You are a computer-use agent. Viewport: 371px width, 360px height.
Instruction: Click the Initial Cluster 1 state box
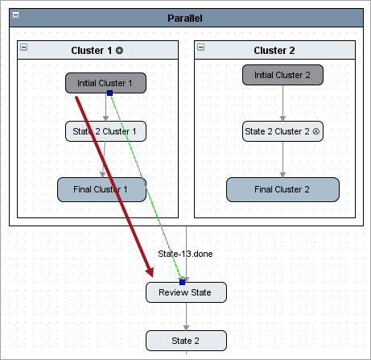coord(105,83)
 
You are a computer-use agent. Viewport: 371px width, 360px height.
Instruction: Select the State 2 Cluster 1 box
coord(105,131)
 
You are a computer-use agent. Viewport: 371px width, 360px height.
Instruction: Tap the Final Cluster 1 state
coord(101,189)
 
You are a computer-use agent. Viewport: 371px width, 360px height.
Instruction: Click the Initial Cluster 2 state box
coord(282,75)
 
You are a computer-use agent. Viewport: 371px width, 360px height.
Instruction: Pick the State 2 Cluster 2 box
coord(282,131)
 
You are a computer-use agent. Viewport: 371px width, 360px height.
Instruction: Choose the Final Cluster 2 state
coord(282,189)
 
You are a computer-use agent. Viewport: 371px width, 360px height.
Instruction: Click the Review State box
coord(186,292)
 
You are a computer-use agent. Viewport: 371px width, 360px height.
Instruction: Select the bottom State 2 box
coord(186,341)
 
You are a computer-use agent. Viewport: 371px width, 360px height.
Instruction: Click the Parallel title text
coord(185,19)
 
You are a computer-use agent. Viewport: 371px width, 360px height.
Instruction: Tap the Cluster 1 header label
coord(97,51)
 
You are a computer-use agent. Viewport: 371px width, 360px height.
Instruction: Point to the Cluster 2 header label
coord(274,51)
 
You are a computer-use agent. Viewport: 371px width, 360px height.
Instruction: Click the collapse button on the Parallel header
coord(16,15)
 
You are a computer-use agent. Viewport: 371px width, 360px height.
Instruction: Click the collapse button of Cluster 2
coord(201,48)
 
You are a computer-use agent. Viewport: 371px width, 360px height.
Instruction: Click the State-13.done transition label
coord(185,254)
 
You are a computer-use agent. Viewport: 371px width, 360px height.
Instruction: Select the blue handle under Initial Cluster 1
coord(109,93)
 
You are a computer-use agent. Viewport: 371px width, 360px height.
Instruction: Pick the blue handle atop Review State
coord(183,282)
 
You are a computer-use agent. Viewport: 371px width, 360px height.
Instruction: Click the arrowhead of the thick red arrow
coord(150,271)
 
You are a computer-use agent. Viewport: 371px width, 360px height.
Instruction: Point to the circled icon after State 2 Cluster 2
coord(316,131)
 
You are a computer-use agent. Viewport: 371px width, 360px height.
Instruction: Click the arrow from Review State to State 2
coord(186,317)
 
